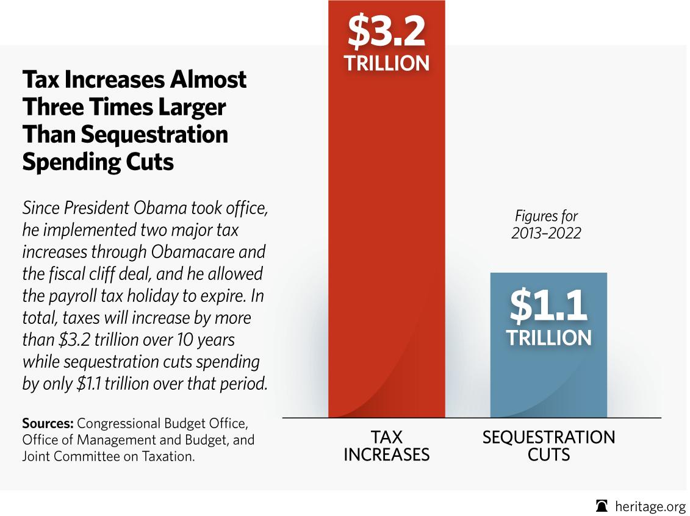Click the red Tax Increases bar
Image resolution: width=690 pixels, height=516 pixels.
click(386, 244)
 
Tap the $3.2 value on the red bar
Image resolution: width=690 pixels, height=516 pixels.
click(386, 32)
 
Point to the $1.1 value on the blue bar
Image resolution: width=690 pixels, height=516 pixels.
click(548, 306)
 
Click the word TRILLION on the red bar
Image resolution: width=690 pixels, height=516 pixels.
click(386, 63)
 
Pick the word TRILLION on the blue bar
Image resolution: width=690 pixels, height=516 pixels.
click(548, 338)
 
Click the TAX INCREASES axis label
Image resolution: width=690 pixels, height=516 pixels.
click(386, 446)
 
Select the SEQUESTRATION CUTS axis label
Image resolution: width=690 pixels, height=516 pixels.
click(548, 446)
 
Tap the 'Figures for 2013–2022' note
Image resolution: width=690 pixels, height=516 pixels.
click(546, 224)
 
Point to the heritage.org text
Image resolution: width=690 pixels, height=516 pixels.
click(650, 506)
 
